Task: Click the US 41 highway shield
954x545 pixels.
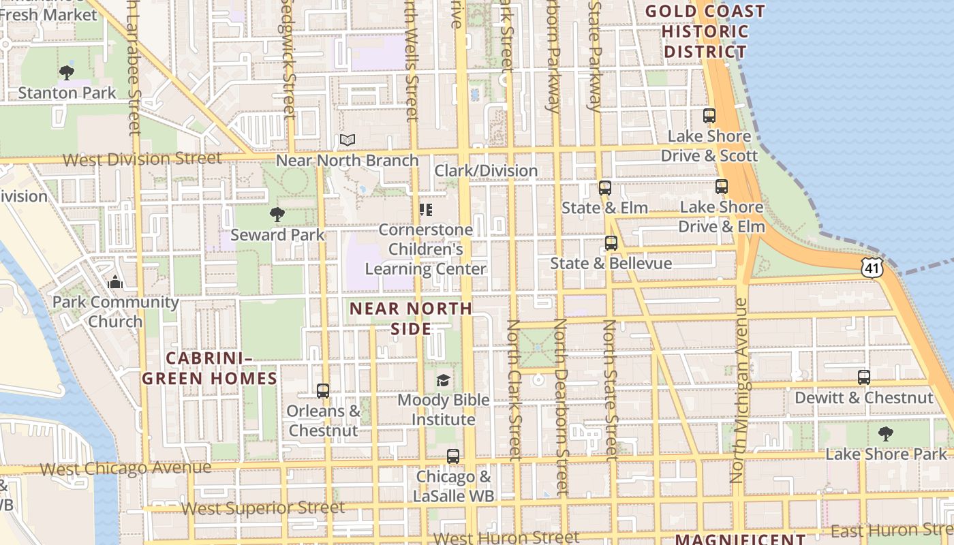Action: pos(874,268)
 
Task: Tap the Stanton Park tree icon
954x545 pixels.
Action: pos(67,72)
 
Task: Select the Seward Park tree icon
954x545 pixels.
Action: pos(277,215)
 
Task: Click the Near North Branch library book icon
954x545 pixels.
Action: pos(348,140)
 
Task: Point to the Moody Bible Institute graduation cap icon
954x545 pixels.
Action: pos(444,380)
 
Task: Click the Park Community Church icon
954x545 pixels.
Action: pos(115,282)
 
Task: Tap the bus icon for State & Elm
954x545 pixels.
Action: pos(604,188)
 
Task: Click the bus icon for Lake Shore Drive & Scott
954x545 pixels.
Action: pos(709,116)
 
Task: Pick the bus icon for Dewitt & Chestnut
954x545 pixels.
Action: pos(863,377)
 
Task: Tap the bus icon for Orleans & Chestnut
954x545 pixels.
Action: pos(323,391)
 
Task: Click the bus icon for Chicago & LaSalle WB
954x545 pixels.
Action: pos(453,456)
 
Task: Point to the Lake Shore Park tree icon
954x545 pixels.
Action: pos(885,434)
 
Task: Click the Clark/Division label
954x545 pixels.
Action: pos(486,170)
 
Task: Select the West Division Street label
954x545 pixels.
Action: pos(142,159)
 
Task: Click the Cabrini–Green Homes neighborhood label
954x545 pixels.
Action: pos(211,368)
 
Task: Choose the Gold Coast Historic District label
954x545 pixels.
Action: pos(705,31)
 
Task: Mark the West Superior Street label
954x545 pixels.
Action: pos(262,508)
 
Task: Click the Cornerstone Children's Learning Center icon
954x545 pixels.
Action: pos(426,209)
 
